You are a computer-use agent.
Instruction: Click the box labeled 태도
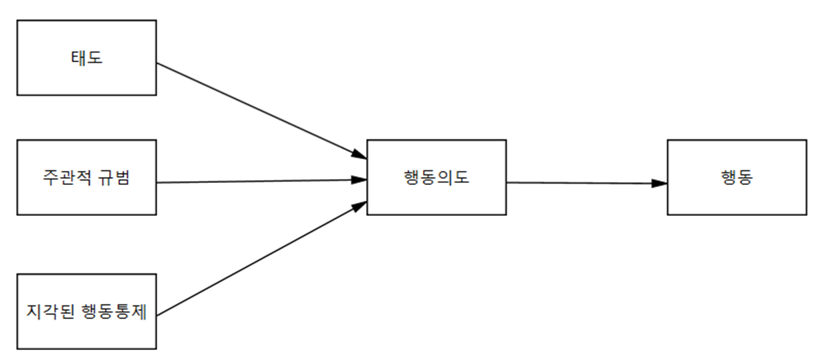87,57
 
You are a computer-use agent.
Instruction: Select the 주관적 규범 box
87,177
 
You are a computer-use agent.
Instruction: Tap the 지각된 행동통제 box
87,311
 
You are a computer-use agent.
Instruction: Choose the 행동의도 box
436,177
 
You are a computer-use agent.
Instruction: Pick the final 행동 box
736,177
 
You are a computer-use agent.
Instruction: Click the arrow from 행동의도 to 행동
585,182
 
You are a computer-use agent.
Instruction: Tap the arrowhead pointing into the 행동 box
659,183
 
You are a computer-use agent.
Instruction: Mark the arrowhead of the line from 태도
359,155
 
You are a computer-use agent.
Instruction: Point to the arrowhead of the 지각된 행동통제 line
359,206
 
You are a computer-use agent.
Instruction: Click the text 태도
87,57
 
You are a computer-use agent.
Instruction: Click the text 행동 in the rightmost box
736,178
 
